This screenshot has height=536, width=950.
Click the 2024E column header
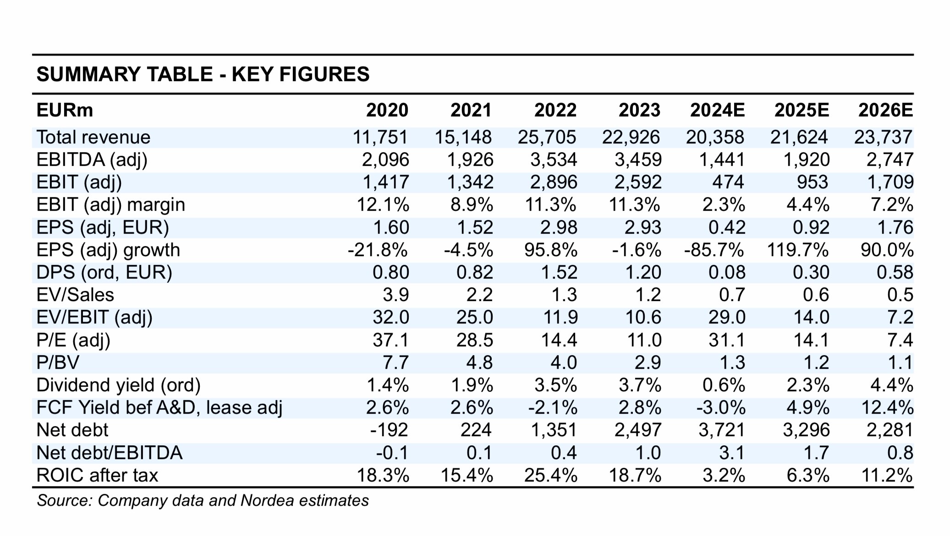(717, 110)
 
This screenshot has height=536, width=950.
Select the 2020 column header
(387, 110)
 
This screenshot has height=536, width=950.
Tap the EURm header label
(65, 110)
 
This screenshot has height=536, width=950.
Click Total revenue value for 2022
(547, 137)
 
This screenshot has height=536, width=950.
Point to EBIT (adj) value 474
(728, 182)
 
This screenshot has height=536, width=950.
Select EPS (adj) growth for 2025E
(797, 250)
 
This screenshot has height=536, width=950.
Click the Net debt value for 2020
(389, 430)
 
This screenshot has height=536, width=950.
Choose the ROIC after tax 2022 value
(550, 475)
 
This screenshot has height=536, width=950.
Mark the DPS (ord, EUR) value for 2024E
(727, 273)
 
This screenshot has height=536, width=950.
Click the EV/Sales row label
(75, 295)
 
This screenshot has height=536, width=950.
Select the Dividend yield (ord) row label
(119, 385)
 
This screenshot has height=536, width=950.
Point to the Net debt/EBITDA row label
(110, 453)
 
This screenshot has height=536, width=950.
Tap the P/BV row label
(58, 363)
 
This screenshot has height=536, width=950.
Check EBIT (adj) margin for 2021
(472, 204)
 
